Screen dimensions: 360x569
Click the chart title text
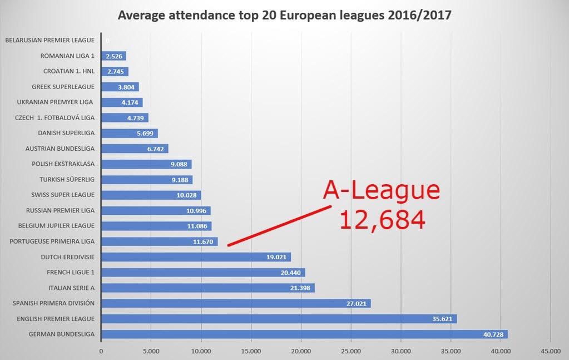(x=284, y=15)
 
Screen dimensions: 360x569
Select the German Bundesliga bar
(x=304, y=334)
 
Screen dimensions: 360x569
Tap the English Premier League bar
(x=278, y=319)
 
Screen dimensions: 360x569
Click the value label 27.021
(x=357, y=304)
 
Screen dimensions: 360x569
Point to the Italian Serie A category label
(x=71, y=288)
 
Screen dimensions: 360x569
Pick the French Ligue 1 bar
(x=202, y=273)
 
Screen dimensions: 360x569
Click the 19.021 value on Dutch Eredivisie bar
(x=277, y=257)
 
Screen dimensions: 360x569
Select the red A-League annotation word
(x=382, y=191)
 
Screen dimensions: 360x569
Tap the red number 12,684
(x=382, y=219)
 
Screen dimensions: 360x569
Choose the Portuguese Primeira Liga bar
(x=159, y=242)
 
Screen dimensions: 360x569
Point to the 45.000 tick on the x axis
(x=550, y=351)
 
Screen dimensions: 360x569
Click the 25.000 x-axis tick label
(x=350, y=351)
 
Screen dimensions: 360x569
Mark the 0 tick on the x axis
(x=101, y=351)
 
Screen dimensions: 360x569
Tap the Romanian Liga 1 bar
(x=113, y=56)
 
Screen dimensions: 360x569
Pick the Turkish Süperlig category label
(x=67, y=179)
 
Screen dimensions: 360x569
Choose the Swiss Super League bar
(x=151, y=195)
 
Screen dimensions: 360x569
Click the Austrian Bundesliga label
(x=60, y=149)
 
